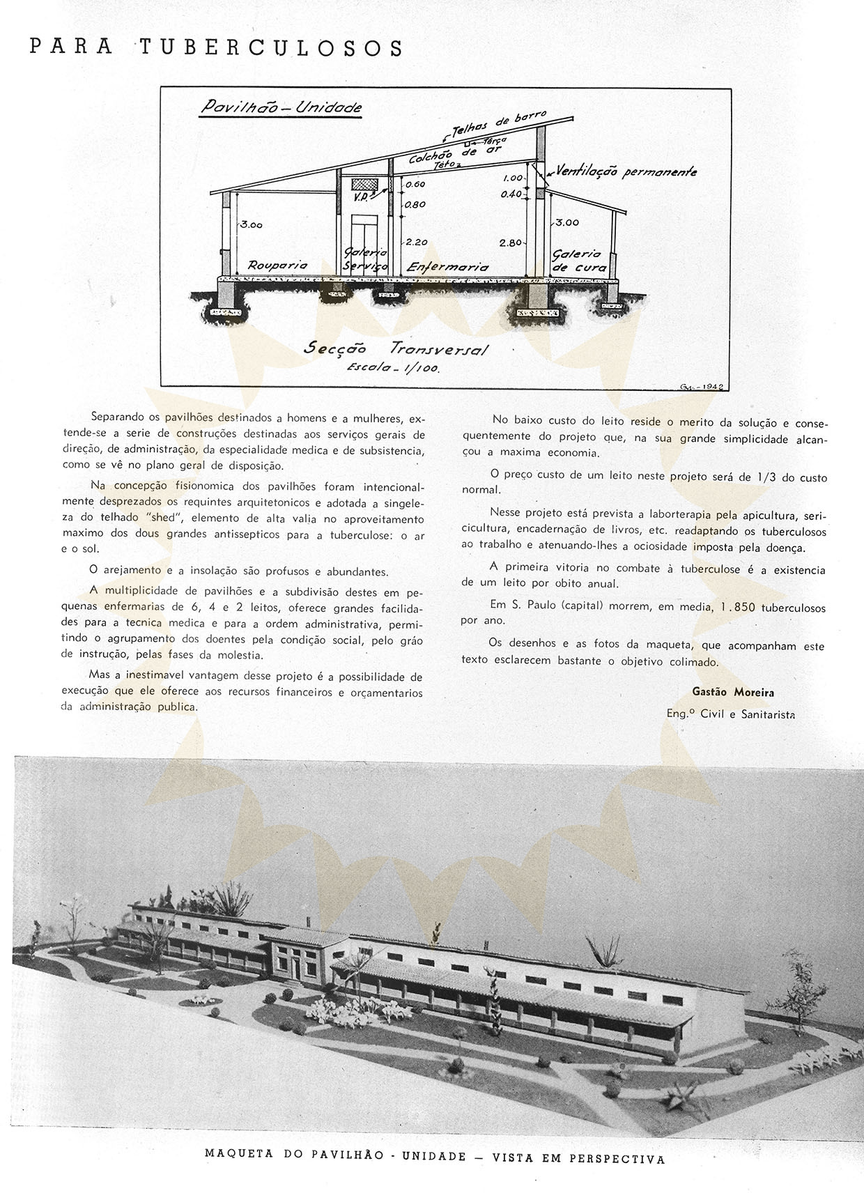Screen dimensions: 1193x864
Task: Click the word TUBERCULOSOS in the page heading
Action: point(271,47)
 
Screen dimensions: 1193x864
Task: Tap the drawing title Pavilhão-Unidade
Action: point(281,107)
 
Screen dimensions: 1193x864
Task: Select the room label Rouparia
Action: point(278,265)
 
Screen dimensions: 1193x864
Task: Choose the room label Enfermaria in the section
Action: point(447,267)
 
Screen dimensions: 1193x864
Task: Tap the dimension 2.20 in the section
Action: point(416,243)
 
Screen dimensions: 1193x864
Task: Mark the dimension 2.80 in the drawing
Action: point(511,243)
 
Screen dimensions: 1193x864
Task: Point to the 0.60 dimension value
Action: point(415,185)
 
